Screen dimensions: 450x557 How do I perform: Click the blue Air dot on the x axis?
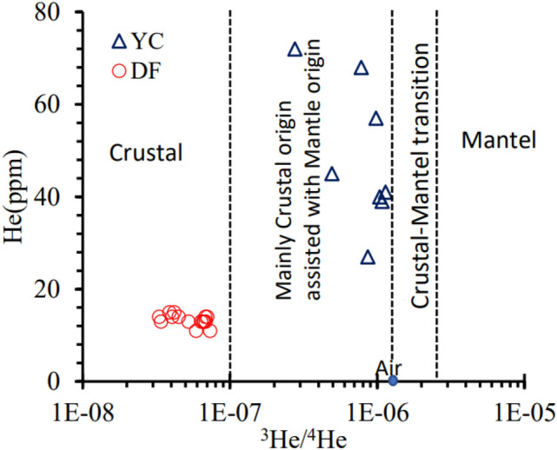393,381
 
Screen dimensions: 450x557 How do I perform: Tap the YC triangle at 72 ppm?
295,50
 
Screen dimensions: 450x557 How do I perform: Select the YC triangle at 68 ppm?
361,68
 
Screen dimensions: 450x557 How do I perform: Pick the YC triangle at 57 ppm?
376,118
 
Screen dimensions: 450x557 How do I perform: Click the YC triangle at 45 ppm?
332,174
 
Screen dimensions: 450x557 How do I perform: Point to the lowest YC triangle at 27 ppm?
368,257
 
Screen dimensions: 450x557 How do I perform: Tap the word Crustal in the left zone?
146,153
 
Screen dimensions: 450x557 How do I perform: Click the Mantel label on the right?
494,139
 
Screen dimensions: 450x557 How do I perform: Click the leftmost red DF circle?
159,317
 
